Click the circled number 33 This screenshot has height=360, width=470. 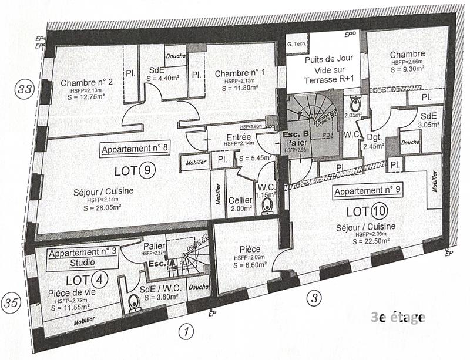pos(25,90)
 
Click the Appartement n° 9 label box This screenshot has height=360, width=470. pos(367,191)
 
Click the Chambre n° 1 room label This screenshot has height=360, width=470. pos(240,73)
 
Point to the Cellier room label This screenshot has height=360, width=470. pos(240,201)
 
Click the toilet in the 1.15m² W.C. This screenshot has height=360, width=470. pos(267,206)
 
